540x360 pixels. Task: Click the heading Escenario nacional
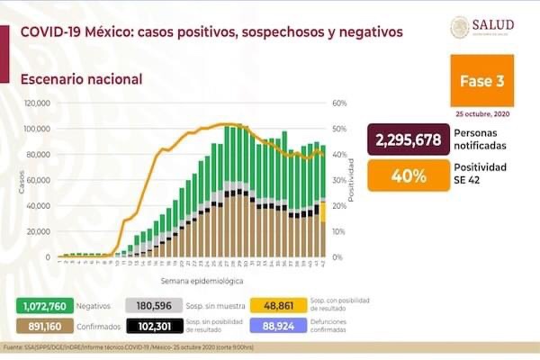click(x=82, y=79)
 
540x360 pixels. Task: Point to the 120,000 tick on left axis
click(x=36, y=103)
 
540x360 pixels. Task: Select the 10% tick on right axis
click(x=337, y=231)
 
